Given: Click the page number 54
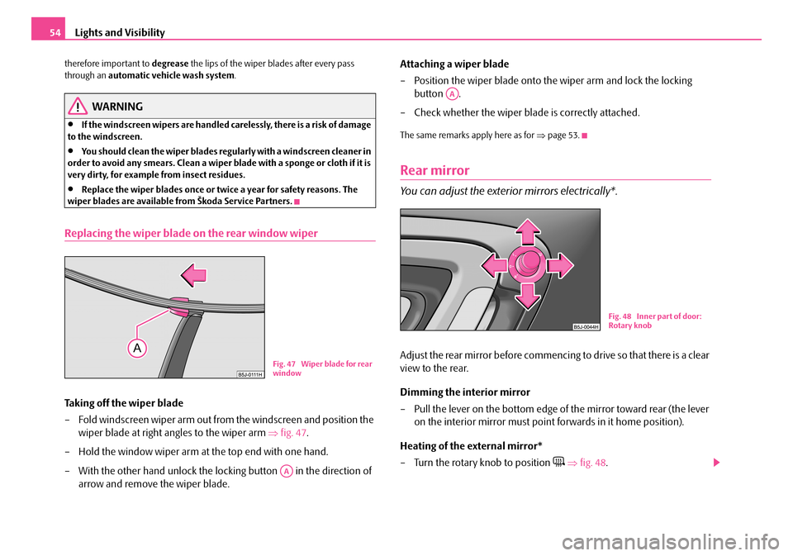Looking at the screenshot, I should (47, 32).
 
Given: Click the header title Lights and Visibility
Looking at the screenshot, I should (121, 33).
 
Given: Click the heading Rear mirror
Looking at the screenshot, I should (434, 170).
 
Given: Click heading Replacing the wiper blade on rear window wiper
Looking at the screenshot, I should (191, 233).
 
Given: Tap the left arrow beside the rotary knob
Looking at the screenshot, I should (493, 264).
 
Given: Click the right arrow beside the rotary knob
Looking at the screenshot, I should (559, 264).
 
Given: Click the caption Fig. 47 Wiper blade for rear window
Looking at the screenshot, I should (321, 368).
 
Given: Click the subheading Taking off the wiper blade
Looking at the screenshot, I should (124, 404).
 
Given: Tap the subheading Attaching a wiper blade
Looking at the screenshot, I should (454, 64).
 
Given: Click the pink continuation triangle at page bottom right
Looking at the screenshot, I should (715, 463).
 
